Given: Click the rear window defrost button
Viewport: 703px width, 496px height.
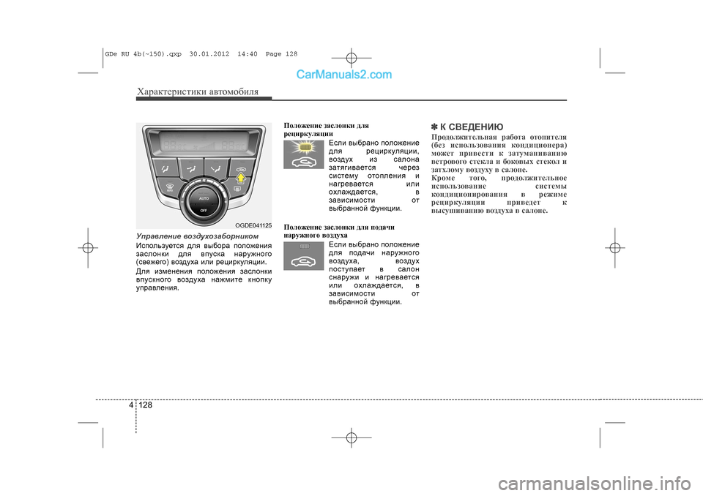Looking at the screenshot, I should [238, 189].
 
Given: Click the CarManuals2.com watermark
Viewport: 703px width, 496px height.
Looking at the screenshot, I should [344, 74].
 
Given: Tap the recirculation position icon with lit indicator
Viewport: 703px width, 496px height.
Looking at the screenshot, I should [304, 154].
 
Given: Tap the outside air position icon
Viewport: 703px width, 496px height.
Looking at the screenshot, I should [304, 257].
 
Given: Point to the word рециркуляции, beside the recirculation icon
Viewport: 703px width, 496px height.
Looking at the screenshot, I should [387, 151].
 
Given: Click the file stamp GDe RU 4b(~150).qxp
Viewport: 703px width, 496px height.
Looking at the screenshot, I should [146, 54].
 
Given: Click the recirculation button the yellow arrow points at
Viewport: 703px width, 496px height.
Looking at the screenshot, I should [239, 170].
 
